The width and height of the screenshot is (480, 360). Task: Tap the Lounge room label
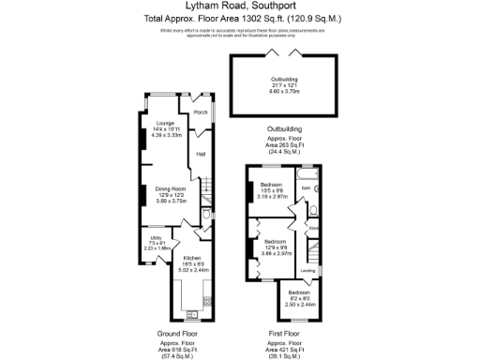[x=163, y=124]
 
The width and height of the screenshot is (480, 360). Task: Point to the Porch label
[x=200, y=112]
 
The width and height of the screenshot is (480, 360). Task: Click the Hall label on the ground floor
[x=201, y=156]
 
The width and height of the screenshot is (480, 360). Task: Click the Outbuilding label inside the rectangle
[x=283, y=79]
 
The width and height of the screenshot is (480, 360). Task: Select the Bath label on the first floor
[x=306, y=188]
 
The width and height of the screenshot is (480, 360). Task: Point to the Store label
[x=314, y=227]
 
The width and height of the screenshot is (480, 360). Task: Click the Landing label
[x=307, y=271]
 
